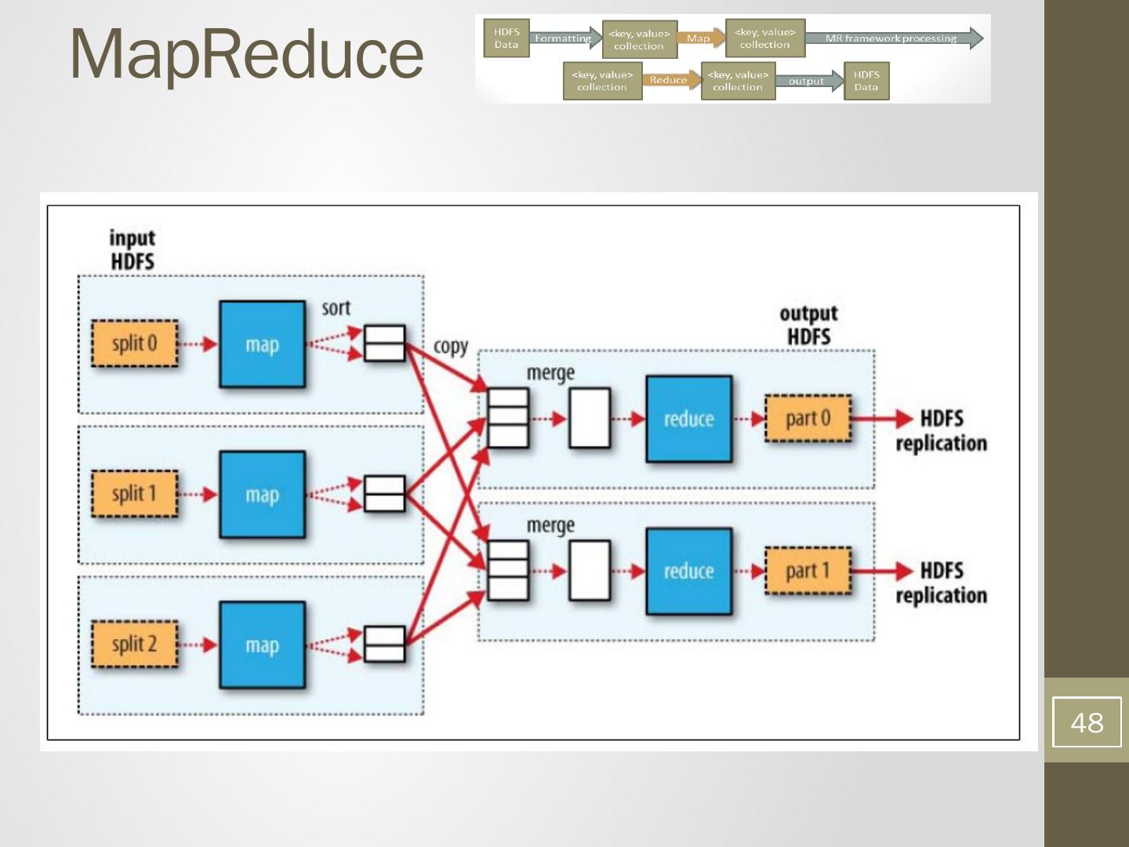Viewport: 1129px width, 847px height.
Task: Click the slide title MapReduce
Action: [246, 53]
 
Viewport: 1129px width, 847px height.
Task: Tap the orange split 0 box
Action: [134, 344]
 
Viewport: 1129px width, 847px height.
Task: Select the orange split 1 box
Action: [134, 494]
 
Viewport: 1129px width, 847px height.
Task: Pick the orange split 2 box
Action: [134, 645]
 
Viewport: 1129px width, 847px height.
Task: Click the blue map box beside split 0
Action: [262, 344]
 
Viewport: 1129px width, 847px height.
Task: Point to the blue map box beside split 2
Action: [262, 645]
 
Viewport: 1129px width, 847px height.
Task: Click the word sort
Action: [336, 308]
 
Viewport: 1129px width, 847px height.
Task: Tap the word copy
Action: [450, 347]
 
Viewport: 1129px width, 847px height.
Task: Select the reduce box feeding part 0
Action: [688, 419]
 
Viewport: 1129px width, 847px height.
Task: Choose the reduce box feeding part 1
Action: [688, 571]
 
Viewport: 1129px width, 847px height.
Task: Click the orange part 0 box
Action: [808, 419]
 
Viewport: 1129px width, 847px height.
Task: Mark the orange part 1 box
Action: [808, 571]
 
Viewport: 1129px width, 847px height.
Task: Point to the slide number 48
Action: [1087, 722]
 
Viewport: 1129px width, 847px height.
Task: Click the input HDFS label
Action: [132, 249]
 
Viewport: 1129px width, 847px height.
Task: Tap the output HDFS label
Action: [808, 325]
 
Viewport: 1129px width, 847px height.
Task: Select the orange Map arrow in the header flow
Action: [700, 38]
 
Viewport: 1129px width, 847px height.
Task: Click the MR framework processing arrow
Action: [892, 38]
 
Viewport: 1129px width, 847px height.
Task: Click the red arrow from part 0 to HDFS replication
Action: [882, 419]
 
